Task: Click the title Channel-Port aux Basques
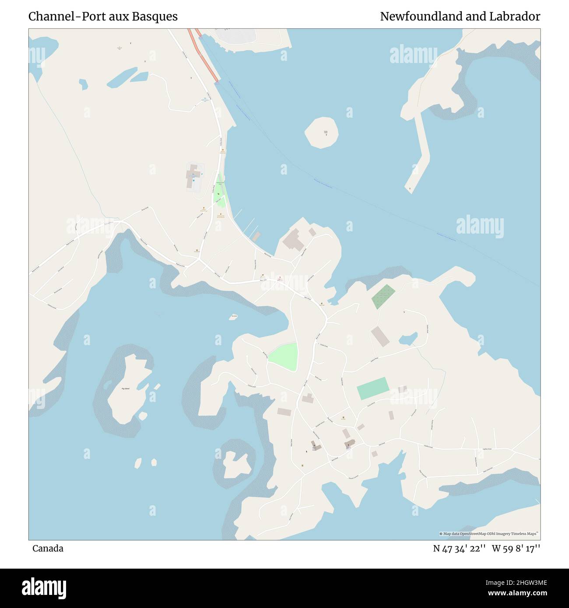[103, 17]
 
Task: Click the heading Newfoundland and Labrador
[460, 17]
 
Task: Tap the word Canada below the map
[48, 549]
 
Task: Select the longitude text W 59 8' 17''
[516, 549]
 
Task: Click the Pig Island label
[126, 388]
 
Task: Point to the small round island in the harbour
[322, 133]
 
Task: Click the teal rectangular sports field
[372, 388]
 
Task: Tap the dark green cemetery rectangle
[383, 297]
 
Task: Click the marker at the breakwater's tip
[410, 189]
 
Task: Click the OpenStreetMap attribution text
[489, 534]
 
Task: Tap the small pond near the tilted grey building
[407, 339]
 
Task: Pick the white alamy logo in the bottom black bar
[44, 587]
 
